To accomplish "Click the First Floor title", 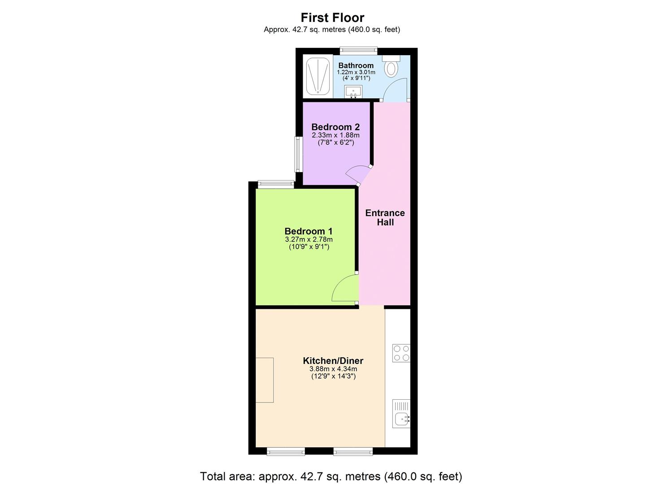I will pyautogui.click(x=332, y=17).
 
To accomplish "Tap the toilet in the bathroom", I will pyautogui.click(x=392, y=67).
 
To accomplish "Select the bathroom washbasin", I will pyautogui.click(x=353, y=92).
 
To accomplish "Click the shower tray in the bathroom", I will pyautogui.click(x=318, y=76).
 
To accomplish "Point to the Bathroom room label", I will pyautogui.click(x=356, y=65).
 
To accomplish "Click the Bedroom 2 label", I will pyautogui.click(x=335, y=127).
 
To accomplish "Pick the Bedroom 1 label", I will pyautogui.click(x=309, y=231).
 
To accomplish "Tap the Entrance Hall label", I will pyautogui.click(x=385, y=217).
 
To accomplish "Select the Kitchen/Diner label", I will pyautogui.click(x=333, y=361).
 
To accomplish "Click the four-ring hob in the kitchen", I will pyautogui.click(x=401, y=353).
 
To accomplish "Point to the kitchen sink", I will pyautogui.click(x=401, y=414).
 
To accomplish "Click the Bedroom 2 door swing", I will pyautogui.click(x=357, y=174).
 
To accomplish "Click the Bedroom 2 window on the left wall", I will pyautogui.click(x=297, y=154).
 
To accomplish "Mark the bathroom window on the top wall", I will pyautogui.click(x=358, y=50).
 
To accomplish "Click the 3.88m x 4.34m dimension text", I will pyautogui.click(x=333, y=369).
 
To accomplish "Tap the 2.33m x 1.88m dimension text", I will pyautogui.click(x=335, y=135).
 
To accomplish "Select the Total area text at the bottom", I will pyautogui.click(x=331, y=476).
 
